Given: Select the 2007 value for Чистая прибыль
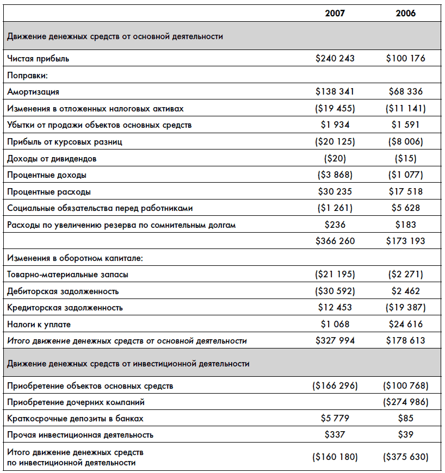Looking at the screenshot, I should tap(335, 58).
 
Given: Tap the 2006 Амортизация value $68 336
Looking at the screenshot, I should tap(405, 92).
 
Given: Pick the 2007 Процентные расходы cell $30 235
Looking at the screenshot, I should tap(335, 191).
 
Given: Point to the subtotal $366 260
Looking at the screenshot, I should tap(335, 241).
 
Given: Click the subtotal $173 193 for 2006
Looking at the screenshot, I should tap(405, 241).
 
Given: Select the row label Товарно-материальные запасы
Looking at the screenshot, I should tap(68, 275).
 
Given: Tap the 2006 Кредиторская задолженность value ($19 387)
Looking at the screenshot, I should tap(405, 308).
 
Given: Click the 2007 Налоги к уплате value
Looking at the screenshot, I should tap(335, 325).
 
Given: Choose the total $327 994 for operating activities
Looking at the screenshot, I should tap(335, 341).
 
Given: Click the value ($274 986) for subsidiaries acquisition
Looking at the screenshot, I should tap(405, 402).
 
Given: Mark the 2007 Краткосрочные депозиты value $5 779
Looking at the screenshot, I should tap(335, 419).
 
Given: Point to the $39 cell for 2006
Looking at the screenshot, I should tap(405, 435).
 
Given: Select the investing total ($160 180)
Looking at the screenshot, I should tap(335, 457).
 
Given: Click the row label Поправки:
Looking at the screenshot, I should tap(28, 75).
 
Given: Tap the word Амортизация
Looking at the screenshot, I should tap(33, 92).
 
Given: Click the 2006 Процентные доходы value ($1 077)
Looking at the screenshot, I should tap(405, 175).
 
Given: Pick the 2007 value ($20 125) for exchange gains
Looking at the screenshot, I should tap(335, 142).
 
